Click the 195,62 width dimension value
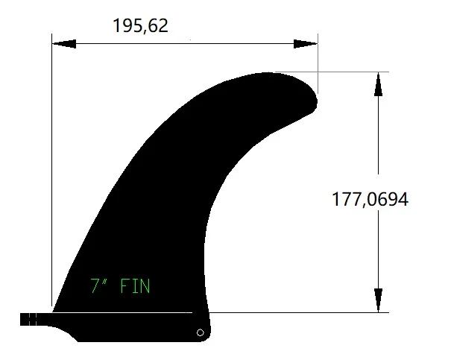click(140, 26)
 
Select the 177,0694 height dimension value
click(370, 199)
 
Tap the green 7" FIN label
click(120, 285)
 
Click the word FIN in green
click(135, 285)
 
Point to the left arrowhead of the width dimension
click(64, 44)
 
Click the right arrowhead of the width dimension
click(306, 44)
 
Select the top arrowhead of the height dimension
click(378, 84)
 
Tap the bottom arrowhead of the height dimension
click(378, 300)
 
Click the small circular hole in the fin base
click(201, 332)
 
